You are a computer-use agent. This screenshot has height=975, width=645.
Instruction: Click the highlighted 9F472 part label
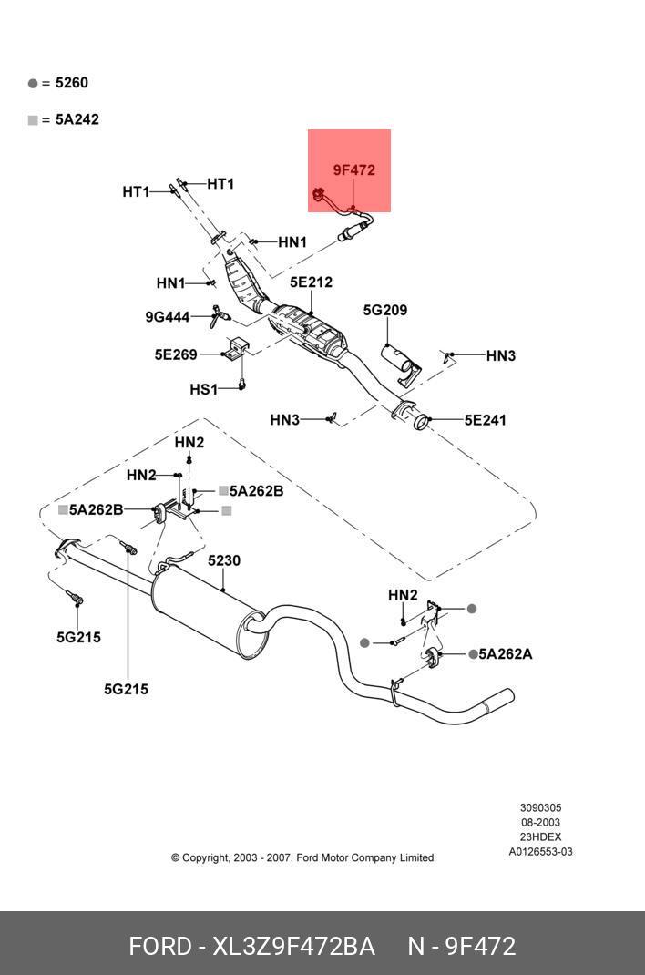[x=353, y=170]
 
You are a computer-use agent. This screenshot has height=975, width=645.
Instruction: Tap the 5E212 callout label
[x=311, y=282]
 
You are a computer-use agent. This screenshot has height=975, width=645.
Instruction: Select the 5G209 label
[x=384, y=311]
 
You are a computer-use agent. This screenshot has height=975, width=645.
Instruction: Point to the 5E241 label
[x=485, y=421]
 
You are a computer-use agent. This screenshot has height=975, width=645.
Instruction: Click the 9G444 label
[x=167, y=317]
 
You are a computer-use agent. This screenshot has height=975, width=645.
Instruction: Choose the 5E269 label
[x=175, y=354]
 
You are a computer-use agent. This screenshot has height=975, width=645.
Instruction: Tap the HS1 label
[x=203, y=390]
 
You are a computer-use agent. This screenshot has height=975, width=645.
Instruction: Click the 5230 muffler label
[x=224, y=561]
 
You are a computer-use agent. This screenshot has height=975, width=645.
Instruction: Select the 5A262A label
[x=507, y=654]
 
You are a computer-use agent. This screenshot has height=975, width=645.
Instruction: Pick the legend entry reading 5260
[x=71, y=83]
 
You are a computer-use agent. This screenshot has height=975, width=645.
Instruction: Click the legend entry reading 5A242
[x=77, y=119]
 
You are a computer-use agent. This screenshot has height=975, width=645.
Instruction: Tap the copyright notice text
[x=302, y=857]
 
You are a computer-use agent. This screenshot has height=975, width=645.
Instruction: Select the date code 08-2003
[x=540, y=823]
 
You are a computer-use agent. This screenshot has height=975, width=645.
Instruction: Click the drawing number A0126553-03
[x=540, y=852]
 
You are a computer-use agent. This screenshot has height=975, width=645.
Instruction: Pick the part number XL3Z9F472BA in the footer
[x=293, y=947]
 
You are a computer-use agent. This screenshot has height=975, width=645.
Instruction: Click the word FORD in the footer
[x=159, y=947]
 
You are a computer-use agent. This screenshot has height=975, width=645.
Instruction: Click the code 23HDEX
[x=540, y=837]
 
